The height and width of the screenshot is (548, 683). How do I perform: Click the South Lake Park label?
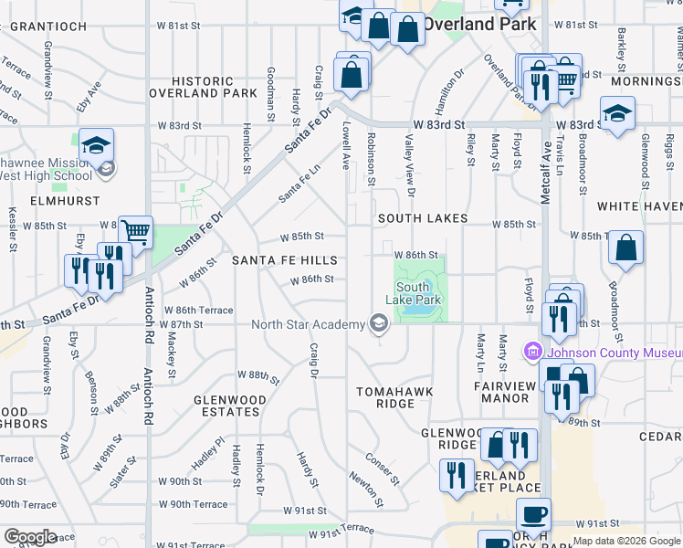(414, 293)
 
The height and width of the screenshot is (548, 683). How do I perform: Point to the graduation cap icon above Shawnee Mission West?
(95, 144)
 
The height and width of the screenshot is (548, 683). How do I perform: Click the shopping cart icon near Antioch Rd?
(135, 232)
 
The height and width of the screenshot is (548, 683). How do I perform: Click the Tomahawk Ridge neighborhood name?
(395, 397)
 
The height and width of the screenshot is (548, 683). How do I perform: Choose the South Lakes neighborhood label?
(423, 218)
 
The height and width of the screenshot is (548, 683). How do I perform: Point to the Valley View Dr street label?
(411, 165)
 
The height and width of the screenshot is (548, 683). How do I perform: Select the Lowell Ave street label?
(347, 146)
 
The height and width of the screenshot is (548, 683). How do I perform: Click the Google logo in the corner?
(30, 536)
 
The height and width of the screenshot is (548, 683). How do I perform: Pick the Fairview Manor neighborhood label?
(504, 392)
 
